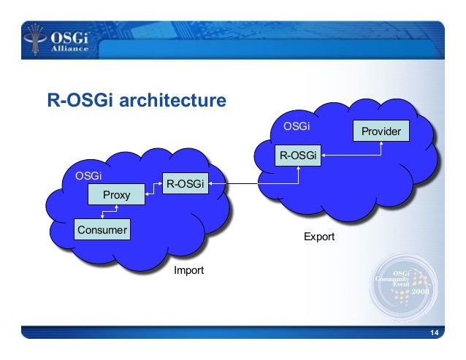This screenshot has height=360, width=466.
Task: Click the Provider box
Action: point(381,131)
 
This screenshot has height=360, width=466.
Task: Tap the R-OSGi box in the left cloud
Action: point(184,184)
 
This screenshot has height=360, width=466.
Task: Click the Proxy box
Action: point(115,195)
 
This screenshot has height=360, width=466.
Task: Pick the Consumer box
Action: point(102,230)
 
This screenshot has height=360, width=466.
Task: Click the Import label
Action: point(188,271)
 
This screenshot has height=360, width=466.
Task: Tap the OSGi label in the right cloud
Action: point(297,127)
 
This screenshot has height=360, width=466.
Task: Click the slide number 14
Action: point(435,334)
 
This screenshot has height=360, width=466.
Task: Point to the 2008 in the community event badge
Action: point(421,291)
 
